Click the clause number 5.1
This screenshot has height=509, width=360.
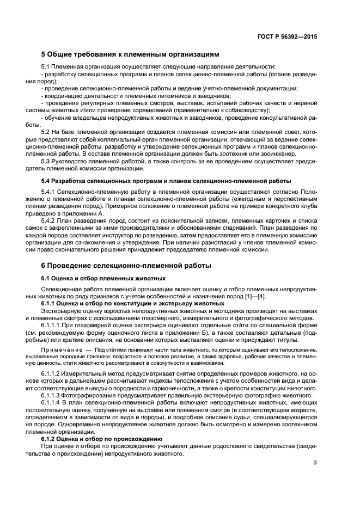pyautogui.click(x=47, y=66)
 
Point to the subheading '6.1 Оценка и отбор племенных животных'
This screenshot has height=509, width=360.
pyautogui.click(x=103, y=278)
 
